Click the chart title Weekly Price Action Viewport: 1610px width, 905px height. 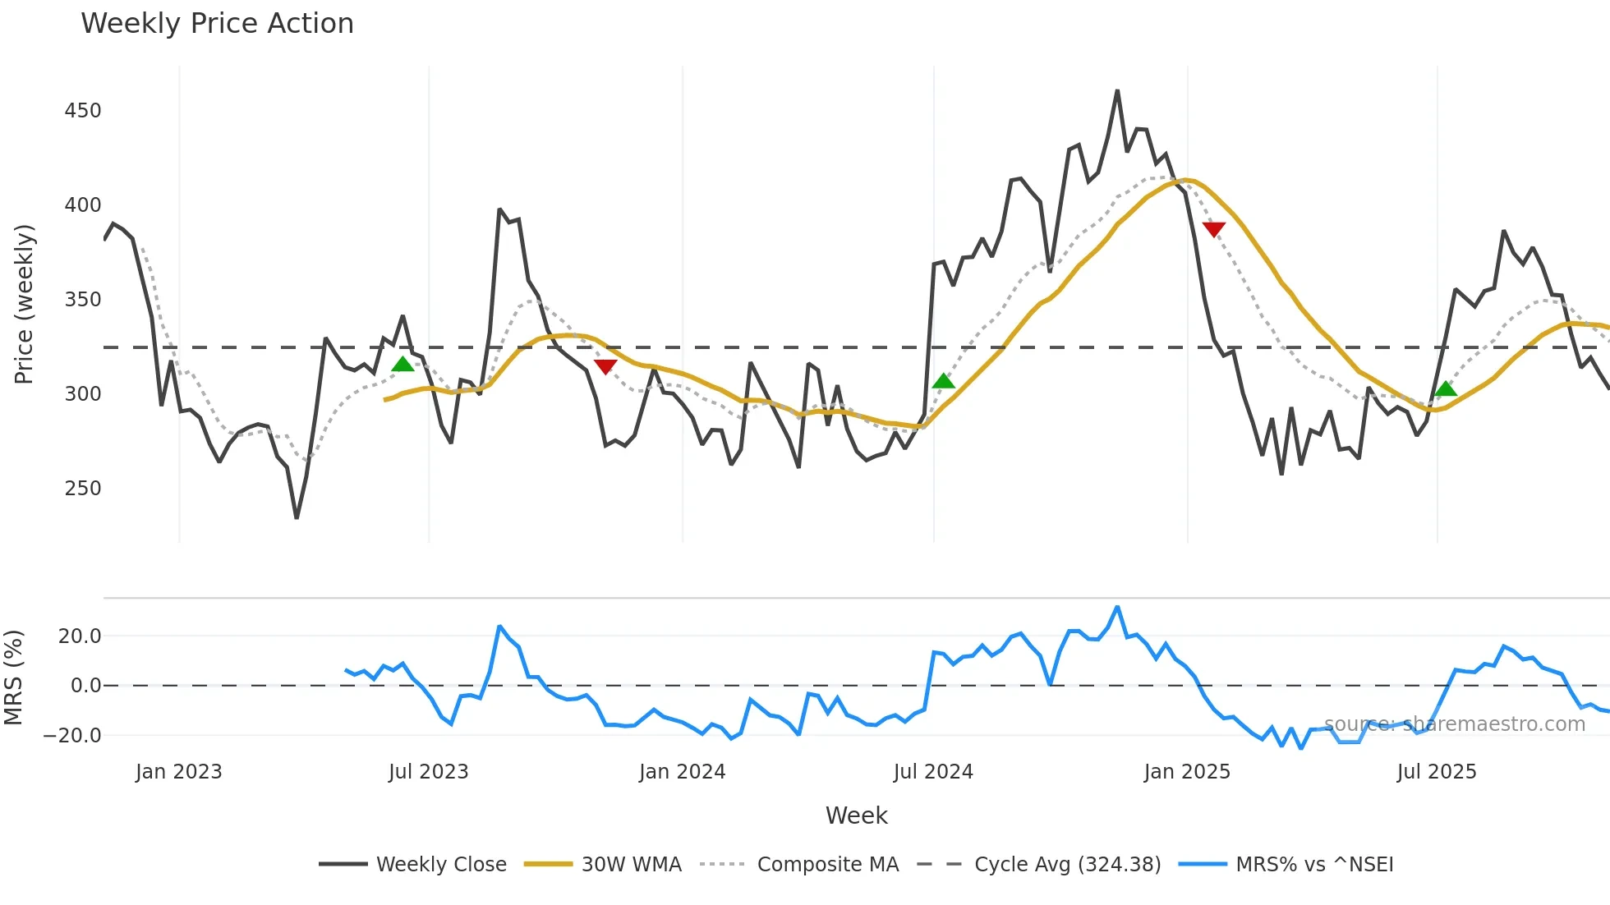pyautogui.click(x=217, y=24)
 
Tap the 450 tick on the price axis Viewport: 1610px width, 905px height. pyautogui.click(x=82, y=111)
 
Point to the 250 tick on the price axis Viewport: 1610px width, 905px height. pyautogui.click(x=82, y=489)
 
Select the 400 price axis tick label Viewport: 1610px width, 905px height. pyautogui.click(x=82, y=205)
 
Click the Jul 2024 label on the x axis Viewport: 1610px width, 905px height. pyautogui.click(x=933, y=772)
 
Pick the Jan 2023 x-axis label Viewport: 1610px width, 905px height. pyautogui.click(x=178, y=772)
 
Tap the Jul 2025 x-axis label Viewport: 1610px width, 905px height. pyautogui.click(x=1437, y=772)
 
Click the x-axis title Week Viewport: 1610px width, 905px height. pyautogui.click(x=856, y=815)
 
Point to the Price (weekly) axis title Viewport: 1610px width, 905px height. pyautogui.click(x=24, y=304)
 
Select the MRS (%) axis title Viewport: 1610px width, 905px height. pyautogui.click(x=13, y=678)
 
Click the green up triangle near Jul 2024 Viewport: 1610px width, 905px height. pyautogui.click(x=944, y=381)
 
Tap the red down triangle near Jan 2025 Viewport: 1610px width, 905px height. pyautogui.click(x=1213, y=229)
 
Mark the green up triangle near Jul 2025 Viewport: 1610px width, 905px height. pyautogui.click(x=1446, y=389)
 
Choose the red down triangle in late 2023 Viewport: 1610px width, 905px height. pyautogui.click(x=605, y=366)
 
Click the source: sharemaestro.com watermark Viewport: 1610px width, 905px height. pyautogui.click(x=1454, y=724)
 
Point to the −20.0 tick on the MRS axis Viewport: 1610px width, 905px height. pyautogui.click(x=72, y=736)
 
